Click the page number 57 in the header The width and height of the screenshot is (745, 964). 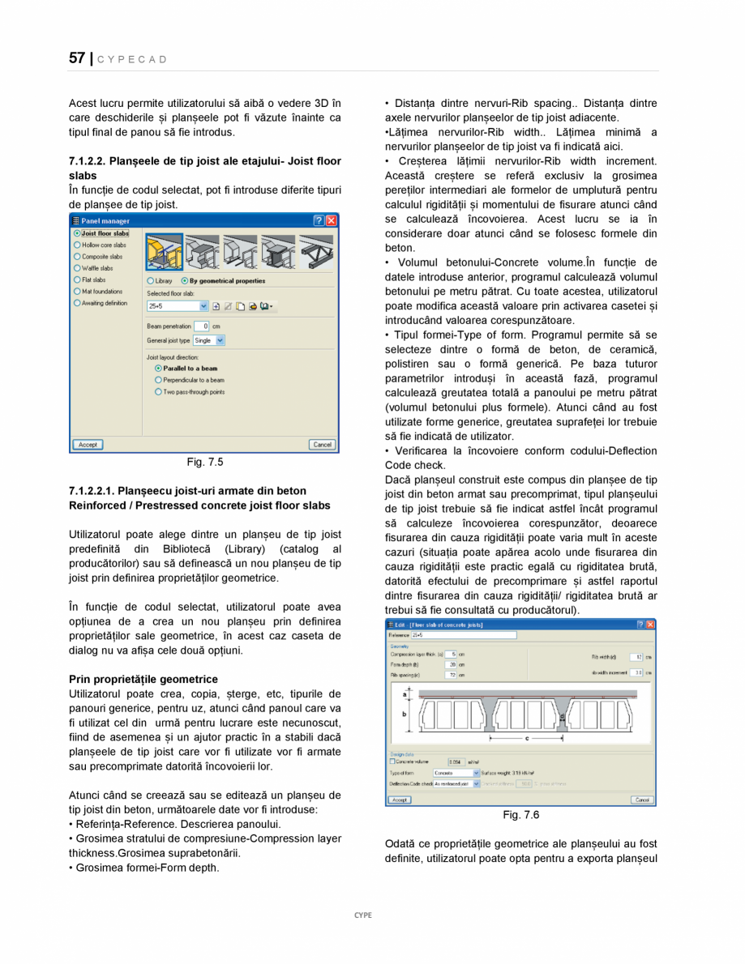click(x=77, y=58)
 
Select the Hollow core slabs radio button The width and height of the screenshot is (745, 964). click(x=78, y=245)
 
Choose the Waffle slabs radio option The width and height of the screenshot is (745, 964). click(x=78, y=268)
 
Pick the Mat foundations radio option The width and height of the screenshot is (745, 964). click(x=78, y=292)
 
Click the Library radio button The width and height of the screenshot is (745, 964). click(x=151, y=281)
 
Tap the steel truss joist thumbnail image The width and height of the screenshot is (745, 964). click(x=315, y=252)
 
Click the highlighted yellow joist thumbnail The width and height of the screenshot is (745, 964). click(x=164, y=252)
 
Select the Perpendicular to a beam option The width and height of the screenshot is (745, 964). click(x=159, y=380)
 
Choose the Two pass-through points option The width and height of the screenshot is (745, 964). click(x=159, y=392)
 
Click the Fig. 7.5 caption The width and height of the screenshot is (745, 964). click(x=204, y=463)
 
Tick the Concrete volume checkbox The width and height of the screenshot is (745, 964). click(x=393, y=761)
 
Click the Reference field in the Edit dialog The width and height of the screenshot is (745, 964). click(x=463, y=636)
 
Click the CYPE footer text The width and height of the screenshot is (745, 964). click(x=362, y=915)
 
